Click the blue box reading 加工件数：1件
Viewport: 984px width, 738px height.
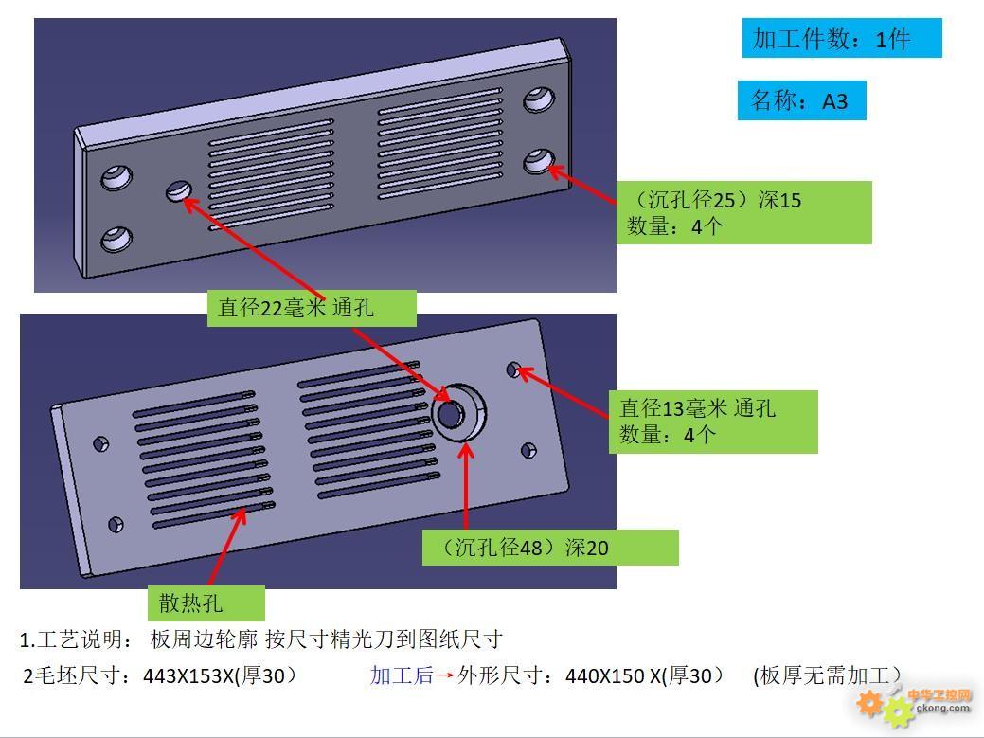point(841,38)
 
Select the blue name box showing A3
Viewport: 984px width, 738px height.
point(801,100)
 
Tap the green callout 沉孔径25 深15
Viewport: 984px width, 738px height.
point(743,212)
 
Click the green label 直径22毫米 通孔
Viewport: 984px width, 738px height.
point(311,307)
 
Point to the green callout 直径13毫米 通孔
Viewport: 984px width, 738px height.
point(712,421)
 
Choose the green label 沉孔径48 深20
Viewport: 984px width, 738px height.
point(549,548)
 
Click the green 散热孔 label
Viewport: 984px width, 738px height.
point(205,603)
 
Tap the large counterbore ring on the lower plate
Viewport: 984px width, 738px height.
point(458,411)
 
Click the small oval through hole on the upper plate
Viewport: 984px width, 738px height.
point(178,191)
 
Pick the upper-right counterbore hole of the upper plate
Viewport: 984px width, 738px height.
point(539,98)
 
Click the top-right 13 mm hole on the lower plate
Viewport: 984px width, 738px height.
point(514,369)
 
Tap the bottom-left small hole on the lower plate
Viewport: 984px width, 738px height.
point(116,523)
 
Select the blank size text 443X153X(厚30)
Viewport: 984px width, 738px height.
point(221,675)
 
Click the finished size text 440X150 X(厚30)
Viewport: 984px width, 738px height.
point(644,675)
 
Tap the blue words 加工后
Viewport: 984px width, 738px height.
point(402,675)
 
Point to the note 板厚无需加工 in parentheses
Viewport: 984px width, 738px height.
point(826,675)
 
